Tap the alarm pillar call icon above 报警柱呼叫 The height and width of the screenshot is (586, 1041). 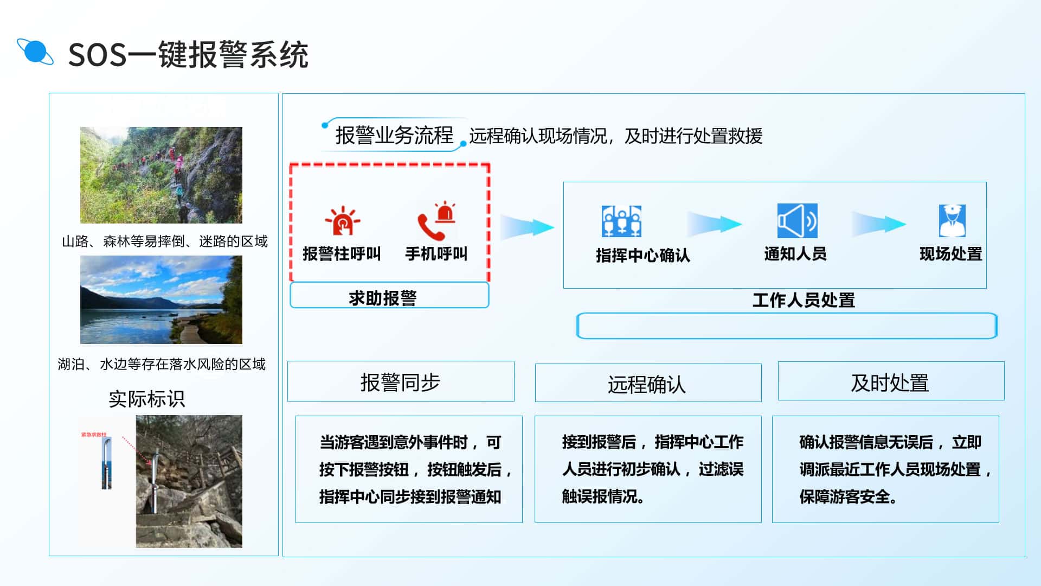pyautogui.click(x=342, y=220)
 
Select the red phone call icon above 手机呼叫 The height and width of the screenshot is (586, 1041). pyautogui.click(x=436, y=220)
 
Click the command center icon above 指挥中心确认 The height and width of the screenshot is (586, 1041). pyautogui.click(x=621, y=221)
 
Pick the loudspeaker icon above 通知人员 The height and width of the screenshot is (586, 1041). pyautogui.click(x=797, y=221)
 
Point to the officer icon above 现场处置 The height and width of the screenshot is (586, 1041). pyautogui.click(x=952, y=221)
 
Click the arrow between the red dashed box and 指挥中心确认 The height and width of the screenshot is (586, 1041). pyautogui.click(x=526, y=227)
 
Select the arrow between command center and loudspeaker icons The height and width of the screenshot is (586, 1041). pyautogui.click(x=714, y=224)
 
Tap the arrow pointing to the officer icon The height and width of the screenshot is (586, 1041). pyautogui.click(x=879, y=224)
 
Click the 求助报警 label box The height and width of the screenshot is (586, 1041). pyautogui.click(x=389, y=295)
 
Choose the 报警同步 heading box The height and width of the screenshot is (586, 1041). pyautogui.click(x=401, y=381)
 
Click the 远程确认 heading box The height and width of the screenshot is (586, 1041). pyautogui.click(x=648, y=383)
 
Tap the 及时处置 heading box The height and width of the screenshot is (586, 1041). pyautogui.click(x=891, y=381)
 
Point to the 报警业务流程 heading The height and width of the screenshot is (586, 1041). pyautogui.click(x=394, y=135)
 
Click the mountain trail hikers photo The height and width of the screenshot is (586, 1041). pyautogui.click(x=161, y=175)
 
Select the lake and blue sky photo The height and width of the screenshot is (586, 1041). pyautogui.click(x=161, y=300)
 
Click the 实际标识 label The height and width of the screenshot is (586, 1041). pyautogui.click(x=146, y=399)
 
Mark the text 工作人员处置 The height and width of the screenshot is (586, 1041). pyautogui.click(x=804, y=300)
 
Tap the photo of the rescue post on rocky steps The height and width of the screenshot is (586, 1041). pyautogui.click(x=189, y=481)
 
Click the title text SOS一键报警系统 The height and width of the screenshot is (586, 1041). pyautogui.click(x=188, y=54)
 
